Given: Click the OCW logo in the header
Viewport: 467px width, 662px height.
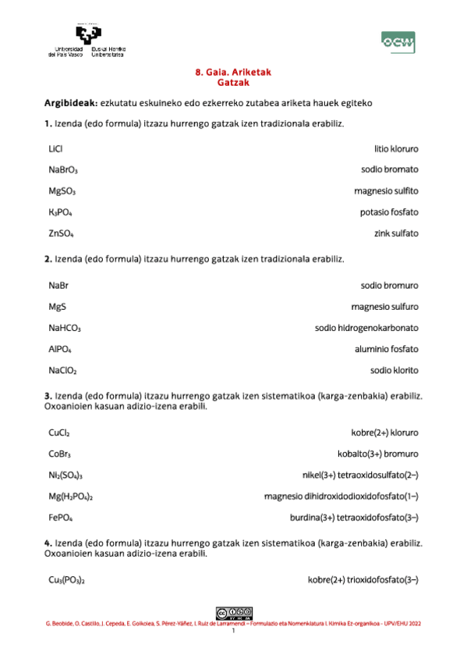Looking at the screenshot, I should tap(397, 42).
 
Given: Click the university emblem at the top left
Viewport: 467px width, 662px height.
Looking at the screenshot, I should tap(88, 35).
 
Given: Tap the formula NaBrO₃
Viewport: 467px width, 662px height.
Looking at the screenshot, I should tap(63, 169).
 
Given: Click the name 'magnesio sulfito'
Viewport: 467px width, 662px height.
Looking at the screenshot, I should tap(386, 190).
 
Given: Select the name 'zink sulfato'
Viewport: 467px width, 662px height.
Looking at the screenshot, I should tap(396, 233).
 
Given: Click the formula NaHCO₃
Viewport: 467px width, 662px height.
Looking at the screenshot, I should tap(65, 329).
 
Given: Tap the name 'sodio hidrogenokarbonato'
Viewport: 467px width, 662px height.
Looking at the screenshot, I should tap(366, 329).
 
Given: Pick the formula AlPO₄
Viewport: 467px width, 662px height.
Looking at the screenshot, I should tap(60, 350).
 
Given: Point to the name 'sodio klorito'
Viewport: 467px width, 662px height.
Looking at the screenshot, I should tap(394, 371).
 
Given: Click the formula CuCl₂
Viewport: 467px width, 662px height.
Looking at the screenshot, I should tap(59, 432).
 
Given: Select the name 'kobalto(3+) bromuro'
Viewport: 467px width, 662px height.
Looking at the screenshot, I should tap(377, 453).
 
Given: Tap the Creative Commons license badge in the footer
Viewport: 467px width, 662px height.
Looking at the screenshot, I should tap(233, 612).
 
